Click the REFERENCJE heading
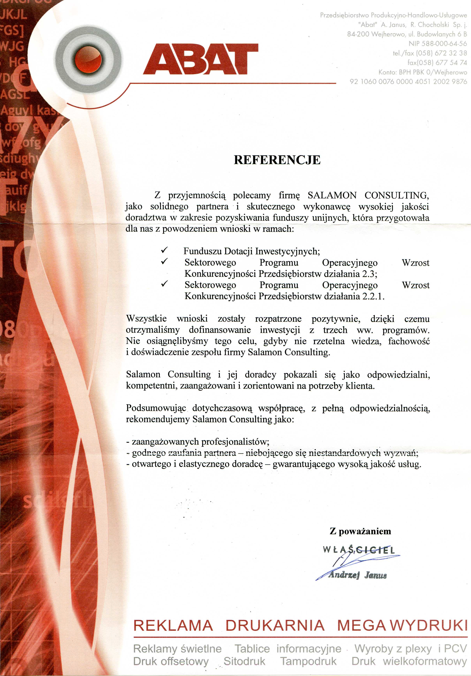pos(277,160)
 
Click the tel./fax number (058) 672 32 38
pos(441,53)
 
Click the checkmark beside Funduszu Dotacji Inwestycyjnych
pos(164,250)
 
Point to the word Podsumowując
pos(156,408)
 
